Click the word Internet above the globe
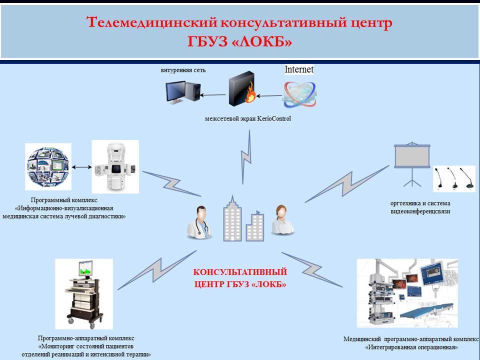point(299,69)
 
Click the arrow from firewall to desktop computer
point(213,94)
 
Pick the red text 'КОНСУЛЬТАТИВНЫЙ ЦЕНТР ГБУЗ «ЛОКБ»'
point(240,278)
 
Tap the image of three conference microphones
point(454,179)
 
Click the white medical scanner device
point(115,166)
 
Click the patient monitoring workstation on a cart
point(83,293)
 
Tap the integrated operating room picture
point(407,293)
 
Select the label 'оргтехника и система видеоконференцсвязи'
point(420,207)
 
